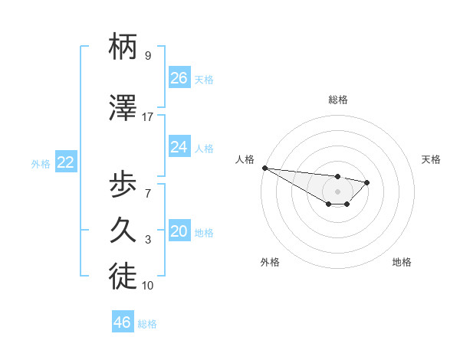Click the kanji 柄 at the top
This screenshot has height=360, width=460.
[x=123, y=47]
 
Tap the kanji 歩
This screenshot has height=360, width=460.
[x=123, y=183]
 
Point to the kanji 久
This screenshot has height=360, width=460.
[x=123, y=231]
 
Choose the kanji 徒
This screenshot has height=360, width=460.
[x=123, y=278]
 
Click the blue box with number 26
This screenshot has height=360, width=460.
[x=179, y=78]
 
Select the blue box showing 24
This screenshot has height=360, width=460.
[x=179, y=147]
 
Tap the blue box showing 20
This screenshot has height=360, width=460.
[x=179, y=232]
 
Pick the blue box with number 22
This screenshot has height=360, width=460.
[x=66, y=162]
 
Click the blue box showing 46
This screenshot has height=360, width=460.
[x=123, y=322]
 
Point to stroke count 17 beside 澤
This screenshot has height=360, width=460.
[x=148, y=117]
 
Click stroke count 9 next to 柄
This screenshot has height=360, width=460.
[x=148, y=56]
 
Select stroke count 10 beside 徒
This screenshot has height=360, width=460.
[x=148, y=286]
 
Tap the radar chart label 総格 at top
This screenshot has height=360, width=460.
[x=338, y=100]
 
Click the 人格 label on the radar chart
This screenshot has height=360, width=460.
[x=245, y=159]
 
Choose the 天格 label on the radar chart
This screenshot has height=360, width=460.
[x=432, y=159]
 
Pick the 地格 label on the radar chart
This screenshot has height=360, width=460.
[x=402, y=262]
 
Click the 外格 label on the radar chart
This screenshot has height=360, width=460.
[x=270, y=262]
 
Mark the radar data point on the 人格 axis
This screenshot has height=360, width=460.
[x=264, y=168]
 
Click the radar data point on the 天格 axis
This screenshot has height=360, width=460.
[x=367, y=182]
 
